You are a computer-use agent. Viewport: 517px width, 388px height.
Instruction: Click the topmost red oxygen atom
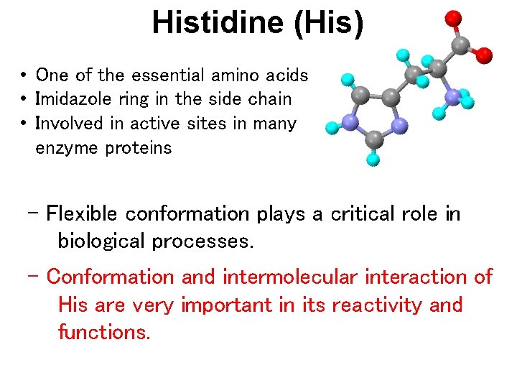452,18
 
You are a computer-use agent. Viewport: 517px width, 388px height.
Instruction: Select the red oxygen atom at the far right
485,55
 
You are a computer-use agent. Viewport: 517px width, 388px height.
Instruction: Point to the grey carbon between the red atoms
459,46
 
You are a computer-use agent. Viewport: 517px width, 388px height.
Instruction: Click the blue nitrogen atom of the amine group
452,97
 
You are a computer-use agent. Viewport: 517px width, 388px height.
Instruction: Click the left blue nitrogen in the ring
350,123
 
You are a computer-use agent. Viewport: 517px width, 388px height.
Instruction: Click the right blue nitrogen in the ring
400,126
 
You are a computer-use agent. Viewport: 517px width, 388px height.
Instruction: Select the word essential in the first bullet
169,75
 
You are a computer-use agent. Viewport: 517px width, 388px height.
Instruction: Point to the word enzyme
67,148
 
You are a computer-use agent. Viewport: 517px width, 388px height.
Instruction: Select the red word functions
103,332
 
